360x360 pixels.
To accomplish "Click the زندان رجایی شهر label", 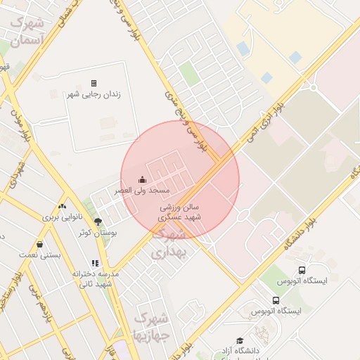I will point(94,94).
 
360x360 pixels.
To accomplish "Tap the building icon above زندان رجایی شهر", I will point(94,83).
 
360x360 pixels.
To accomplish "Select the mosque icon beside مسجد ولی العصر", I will point(143,179).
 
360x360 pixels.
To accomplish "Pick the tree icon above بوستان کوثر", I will point(98,221).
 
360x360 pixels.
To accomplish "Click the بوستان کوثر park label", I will point(98,232).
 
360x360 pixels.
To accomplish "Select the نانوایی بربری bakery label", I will point(63,217).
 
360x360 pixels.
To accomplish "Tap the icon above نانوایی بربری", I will point(63,206).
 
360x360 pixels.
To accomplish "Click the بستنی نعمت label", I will point(39,255).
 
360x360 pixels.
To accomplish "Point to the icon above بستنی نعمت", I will point(39,244).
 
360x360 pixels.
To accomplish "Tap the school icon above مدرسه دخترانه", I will point(95,263).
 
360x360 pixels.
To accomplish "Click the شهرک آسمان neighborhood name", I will point(27,30).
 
